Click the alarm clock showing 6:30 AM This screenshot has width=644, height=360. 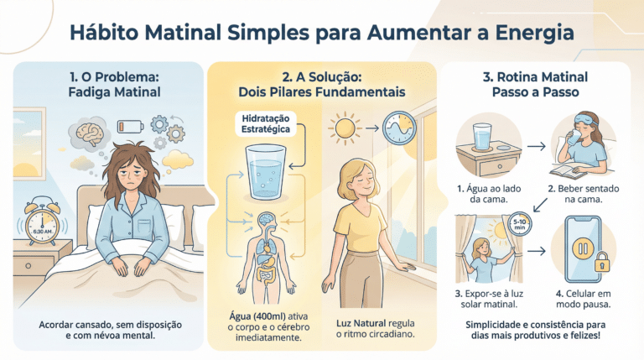(x=43, y=222)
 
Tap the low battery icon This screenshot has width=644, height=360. (x=131, y=126)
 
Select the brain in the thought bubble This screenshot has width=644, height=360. (x=90, y=133)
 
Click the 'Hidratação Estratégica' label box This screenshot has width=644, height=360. (x=265, y=123)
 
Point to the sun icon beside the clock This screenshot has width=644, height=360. (x=344, y=128)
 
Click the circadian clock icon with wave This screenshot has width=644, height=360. (x=399, y=128)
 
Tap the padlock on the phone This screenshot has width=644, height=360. (x=602, y=262)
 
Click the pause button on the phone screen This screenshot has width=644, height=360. (x=583, y=248)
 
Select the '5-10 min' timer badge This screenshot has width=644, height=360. (x=520, y=224)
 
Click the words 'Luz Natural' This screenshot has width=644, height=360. (x=361, y=323)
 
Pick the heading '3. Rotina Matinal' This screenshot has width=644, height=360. (x=535, y=77)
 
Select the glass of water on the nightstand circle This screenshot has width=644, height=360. (x=482, y=137)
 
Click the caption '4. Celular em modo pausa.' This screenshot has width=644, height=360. (x=584, y=300)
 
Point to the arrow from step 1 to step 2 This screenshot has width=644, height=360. (x=536, y=146)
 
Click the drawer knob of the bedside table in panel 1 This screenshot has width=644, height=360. (x=28, y=266)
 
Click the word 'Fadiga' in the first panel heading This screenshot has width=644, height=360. (x=86, y=91)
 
